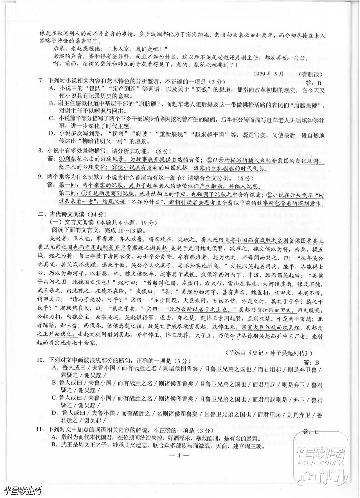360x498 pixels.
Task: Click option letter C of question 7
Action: (x=52, y=118)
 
